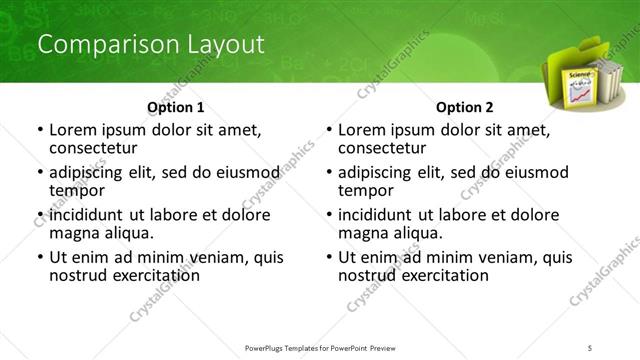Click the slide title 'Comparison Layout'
[x=150, y=45]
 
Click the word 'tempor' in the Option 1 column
[x=77, y=190]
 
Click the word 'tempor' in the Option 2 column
[x=366, y=190]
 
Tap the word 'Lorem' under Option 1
[x=73, y=130]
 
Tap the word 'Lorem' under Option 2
[x=362, y=130]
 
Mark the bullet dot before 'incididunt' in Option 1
[x=39, y=215]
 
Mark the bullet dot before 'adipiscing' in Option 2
[x=328, y=172]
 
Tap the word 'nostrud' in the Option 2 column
[x=371, y=274]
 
